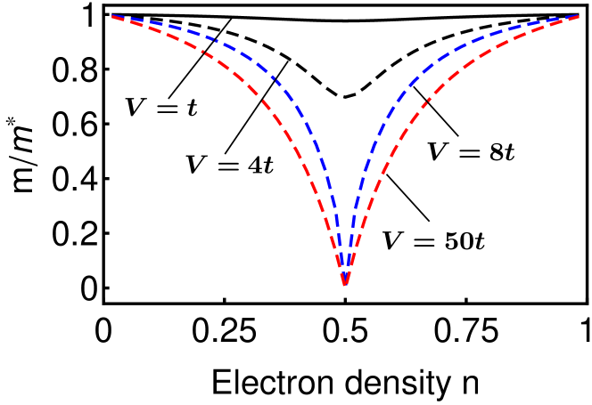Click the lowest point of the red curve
click(x=344, y=285)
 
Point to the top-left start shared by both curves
click(x=112, y=16)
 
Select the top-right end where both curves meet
click(x=579, y=16)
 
